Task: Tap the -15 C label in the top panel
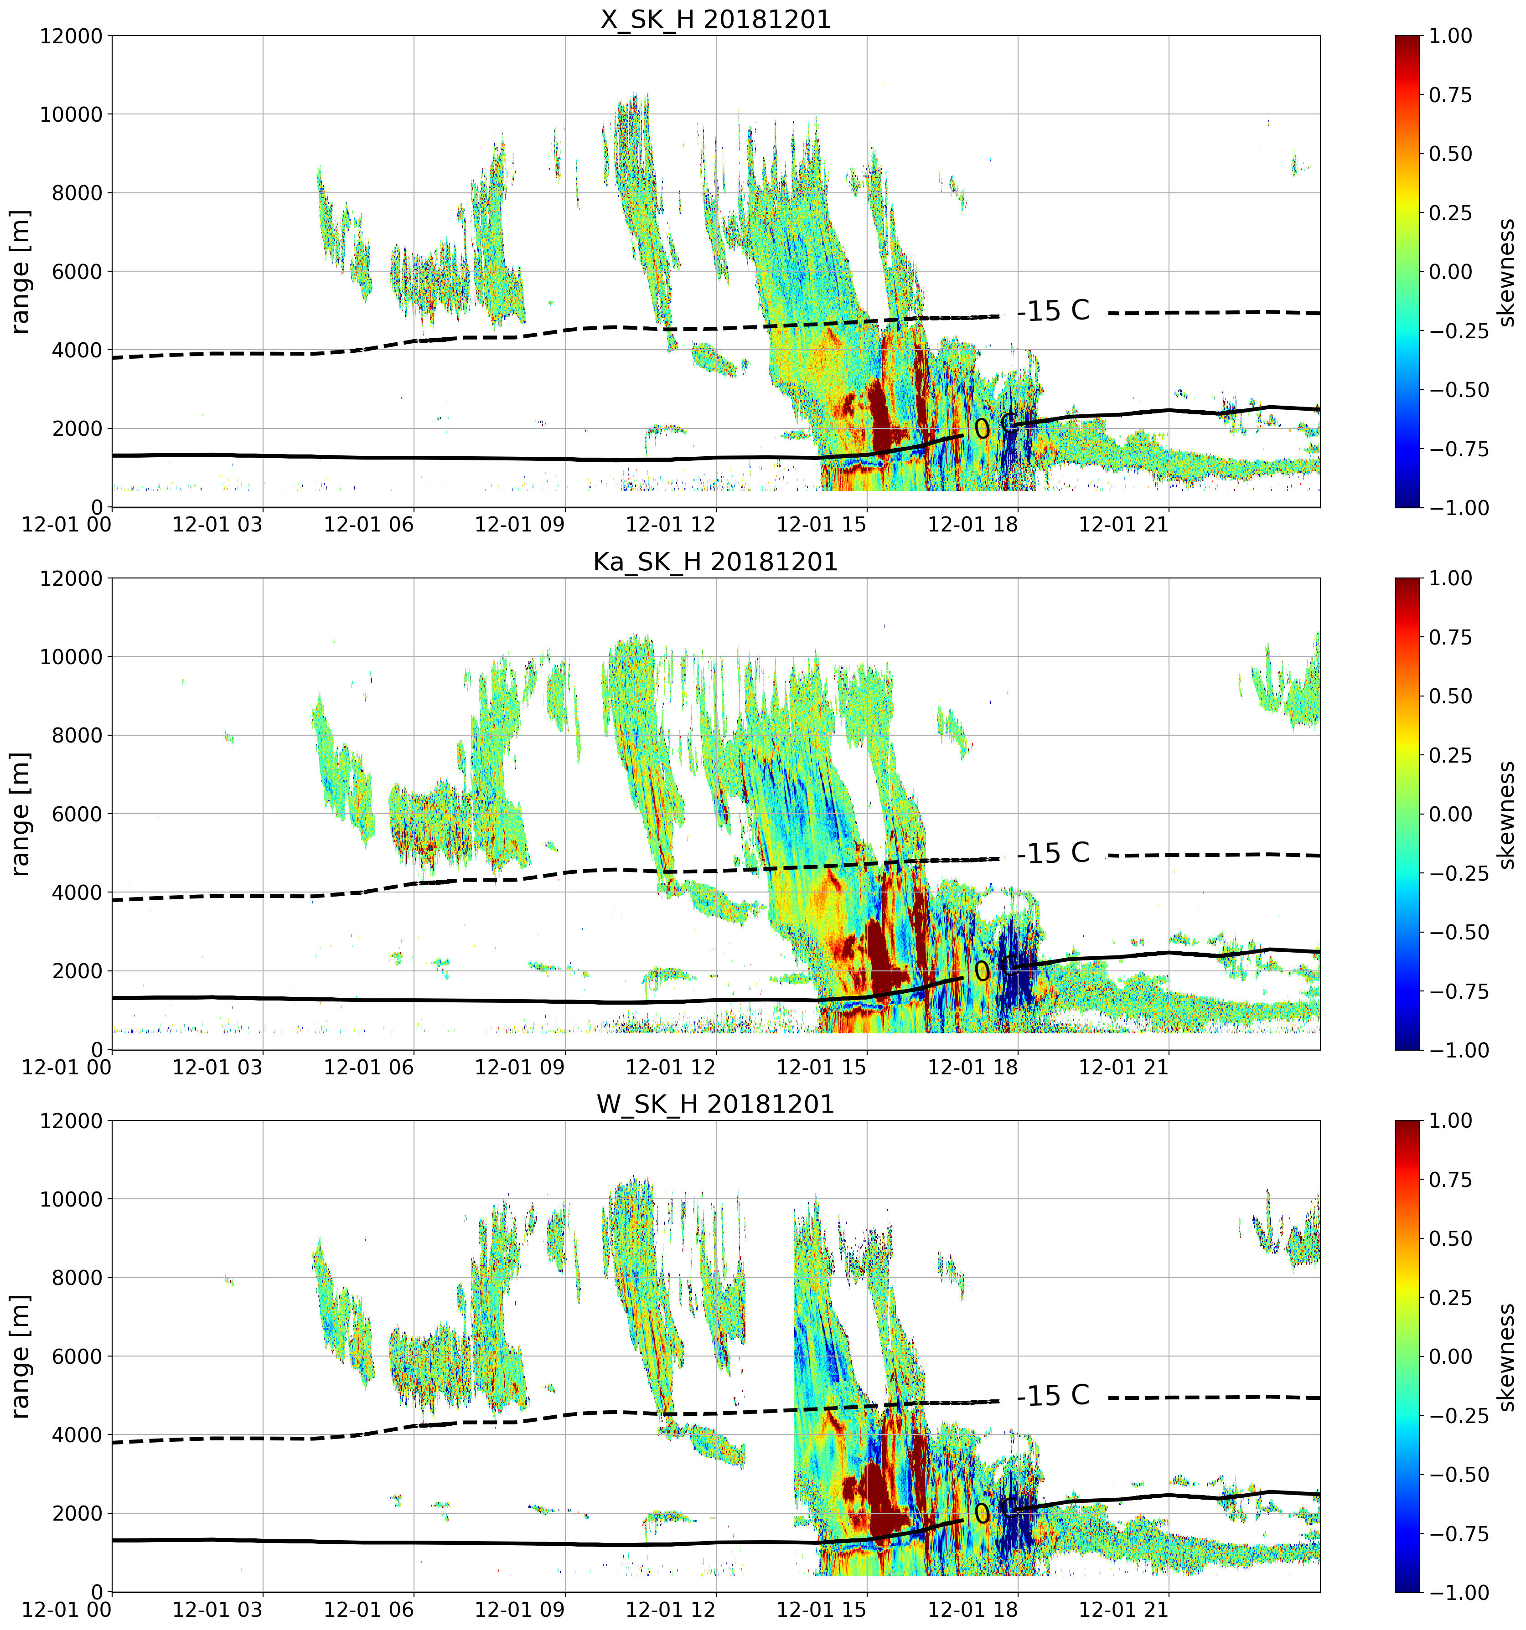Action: (1055, 311)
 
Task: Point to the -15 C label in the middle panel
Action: (1055, 854)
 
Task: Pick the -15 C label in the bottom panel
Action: (1055, 1396)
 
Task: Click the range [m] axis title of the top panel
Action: (21, 271)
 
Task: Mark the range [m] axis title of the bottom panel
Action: (21, 1356)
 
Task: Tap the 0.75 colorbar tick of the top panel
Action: (1451, 95)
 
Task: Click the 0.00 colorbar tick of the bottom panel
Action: (1451, 1356)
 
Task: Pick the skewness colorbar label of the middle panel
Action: (1505, 814)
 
